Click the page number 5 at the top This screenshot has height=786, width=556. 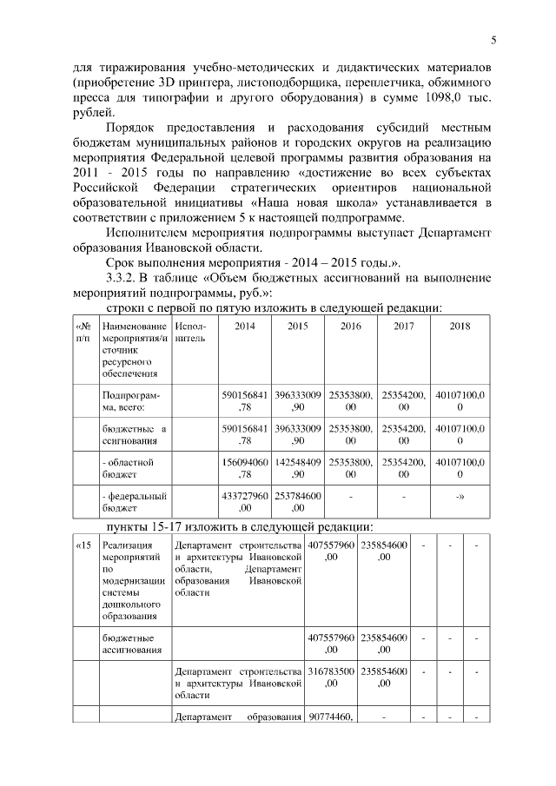493,40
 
